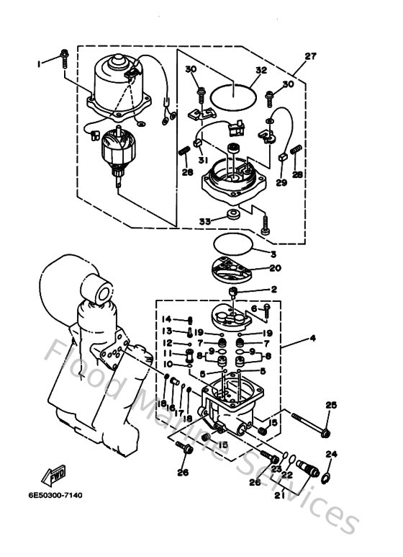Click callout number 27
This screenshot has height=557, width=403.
tap(310, 56)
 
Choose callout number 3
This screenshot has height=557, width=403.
tap(273, 254)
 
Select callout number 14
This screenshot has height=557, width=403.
tap(166, 318)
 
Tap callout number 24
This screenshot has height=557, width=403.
tap(332, 454)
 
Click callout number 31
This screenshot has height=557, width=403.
tap(204, 160)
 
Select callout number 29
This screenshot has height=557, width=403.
tap(281, 183)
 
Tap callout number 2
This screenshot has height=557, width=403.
tap(273, 290)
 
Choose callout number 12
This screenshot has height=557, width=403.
tap(166, 343)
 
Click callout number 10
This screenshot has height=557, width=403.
tap(166, 365)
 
